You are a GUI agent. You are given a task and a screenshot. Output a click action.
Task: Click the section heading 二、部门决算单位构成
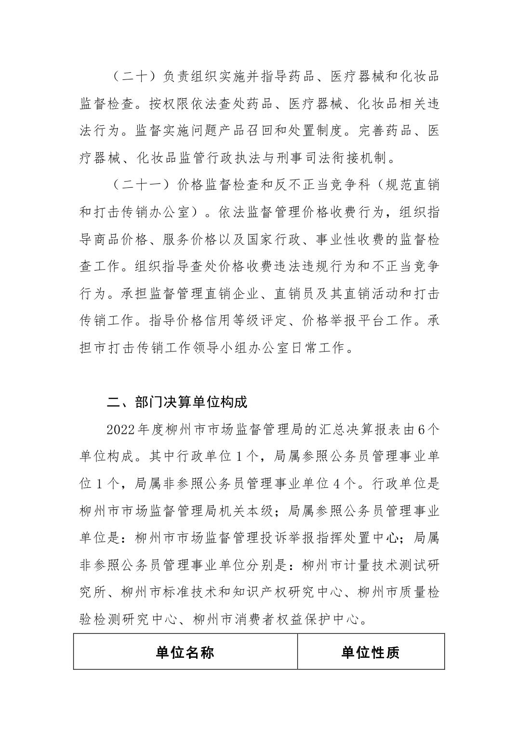pos(177,402)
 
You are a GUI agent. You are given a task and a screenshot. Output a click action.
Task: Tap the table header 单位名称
pos(185,653)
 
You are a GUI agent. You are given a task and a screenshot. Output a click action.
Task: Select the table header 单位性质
pos(371,653)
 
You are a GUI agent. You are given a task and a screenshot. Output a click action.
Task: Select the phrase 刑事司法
pos(302,157)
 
